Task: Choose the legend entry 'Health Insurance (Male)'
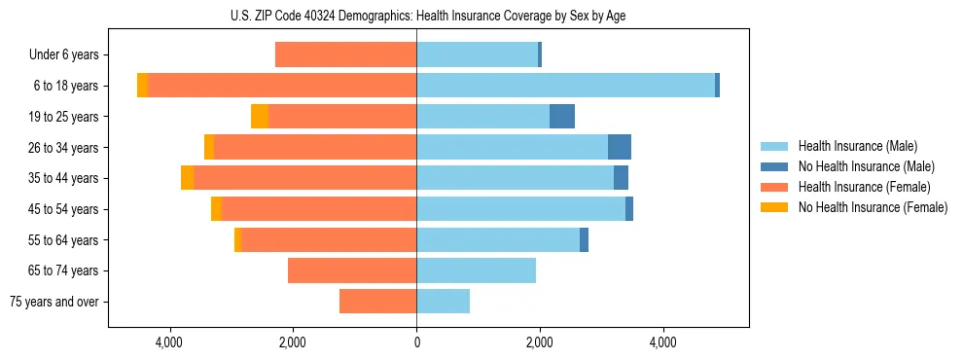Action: [857, 146]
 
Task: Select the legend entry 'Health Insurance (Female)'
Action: [864, 187]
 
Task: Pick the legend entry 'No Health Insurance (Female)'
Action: [873, 207]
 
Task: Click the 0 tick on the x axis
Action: [416, 342]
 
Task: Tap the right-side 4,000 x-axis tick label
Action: [662, 342]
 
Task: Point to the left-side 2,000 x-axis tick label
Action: [293, 342]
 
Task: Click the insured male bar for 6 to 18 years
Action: [565, 86]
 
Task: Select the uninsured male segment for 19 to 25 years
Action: [562, 117]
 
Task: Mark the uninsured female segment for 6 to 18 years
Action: [142, 86]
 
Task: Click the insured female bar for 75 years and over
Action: [377, 302]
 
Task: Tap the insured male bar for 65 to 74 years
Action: [476, 270]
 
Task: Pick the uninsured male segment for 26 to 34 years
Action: [620, 147]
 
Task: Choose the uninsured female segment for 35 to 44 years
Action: [187, 178]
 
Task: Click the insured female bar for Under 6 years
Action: [345, 55]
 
